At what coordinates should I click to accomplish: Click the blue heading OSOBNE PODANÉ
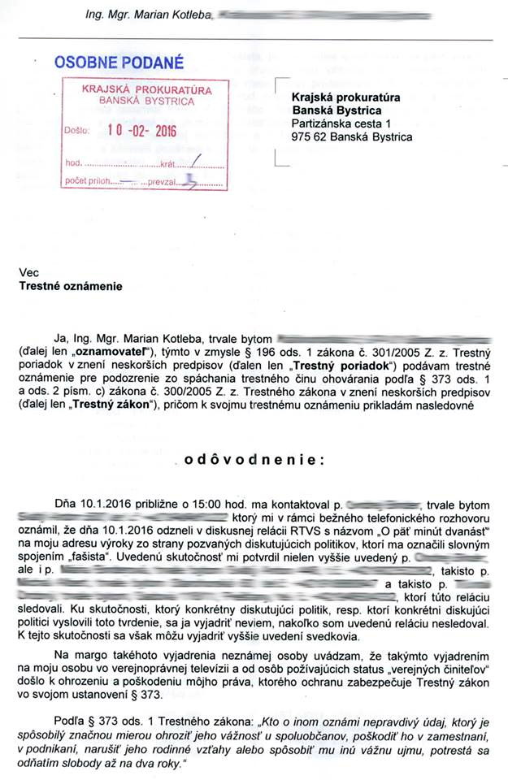pyautogui.click(x=119, y=61)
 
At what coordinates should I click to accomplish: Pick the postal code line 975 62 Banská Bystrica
pyautogui.click(x=351, y=137)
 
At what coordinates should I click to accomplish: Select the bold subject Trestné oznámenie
pyautogui.click(x=69, y=286)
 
